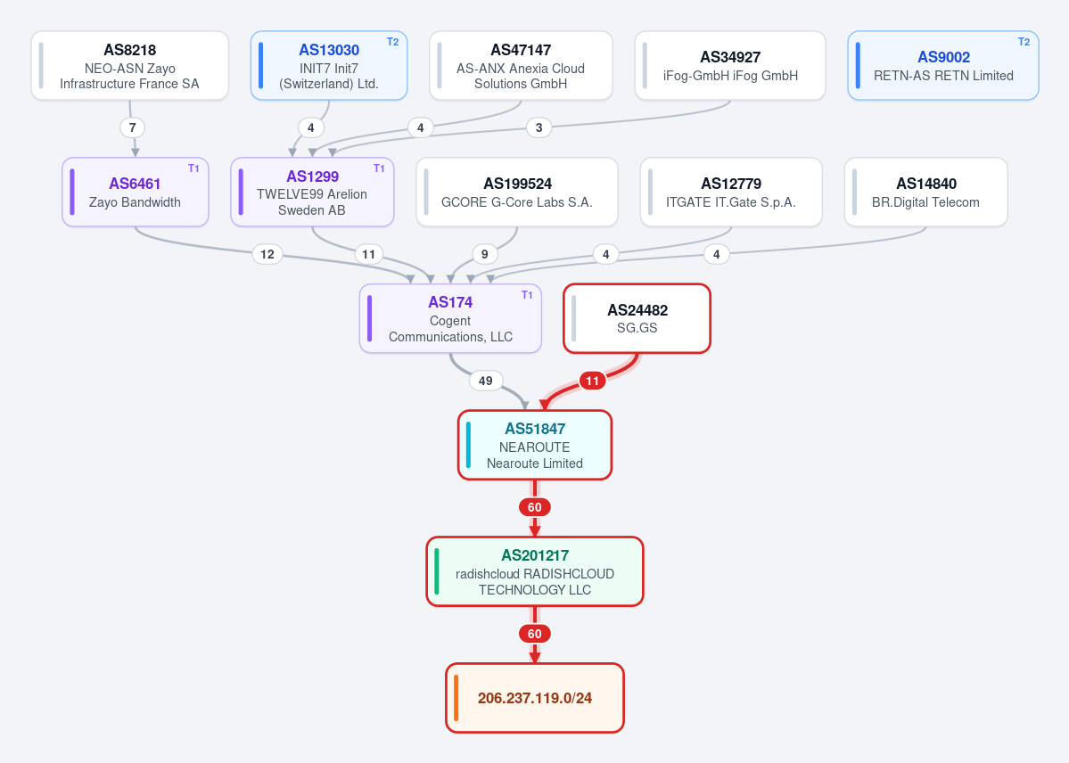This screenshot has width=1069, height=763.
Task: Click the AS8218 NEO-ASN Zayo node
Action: point(129,65)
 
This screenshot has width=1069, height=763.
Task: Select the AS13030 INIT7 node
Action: point(329,65)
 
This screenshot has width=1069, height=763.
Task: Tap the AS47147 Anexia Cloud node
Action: point(521,65)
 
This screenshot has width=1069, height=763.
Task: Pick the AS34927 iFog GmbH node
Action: point(730,65)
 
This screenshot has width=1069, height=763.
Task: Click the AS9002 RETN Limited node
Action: point(943,65)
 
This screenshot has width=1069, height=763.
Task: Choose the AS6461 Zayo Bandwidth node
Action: point(135,193)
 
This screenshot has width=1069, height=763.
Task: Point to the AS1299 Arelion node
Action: point(312,193)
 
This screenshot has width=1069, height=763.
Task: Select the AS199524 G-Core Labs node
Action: point(517,193)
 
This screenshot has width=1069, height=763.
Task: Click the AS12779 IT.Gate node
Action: point(731,193)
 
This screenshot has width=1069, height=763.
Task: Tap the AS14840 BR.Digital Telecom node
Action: point(925,193)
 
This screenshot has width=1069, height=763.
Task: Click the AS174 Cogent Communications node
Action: point(450,318)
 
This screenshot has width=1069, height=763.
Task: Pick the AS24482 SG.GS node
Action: point(637,318)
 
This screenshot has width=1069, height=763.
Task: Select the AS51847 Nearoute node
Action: point(535,446)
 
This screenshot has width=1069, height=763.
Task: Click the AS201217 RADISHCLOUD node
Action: point(535,571)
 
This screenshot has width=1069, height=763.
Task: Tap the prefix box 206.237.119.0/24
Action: point(535,698)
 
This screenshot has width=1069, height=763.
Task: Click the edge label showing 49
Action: point(485,381)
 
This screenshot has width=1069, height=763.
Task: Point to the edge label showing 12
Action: point(267,254)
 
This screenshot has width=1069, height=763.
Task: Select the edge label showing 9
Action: point(485,254)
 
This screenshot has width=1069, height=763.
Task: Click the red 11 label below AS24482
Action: point(592,381)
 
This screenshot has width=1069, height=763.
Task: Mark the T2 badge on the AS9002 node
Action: point(1024,42)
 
